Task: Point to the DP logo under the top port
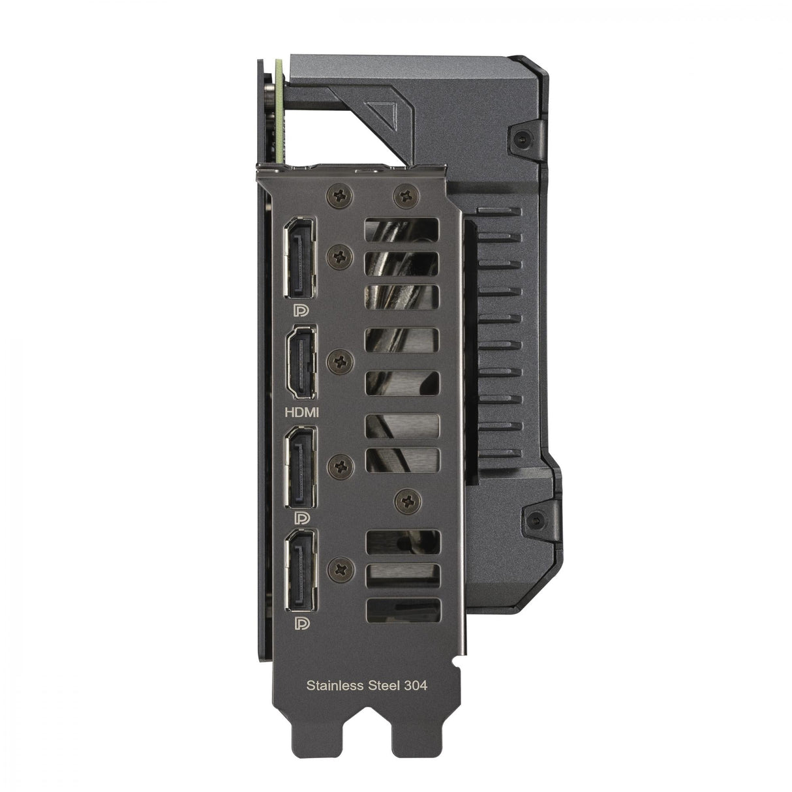[x=302, y=308]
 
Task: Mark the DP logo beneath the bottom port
[x=302, y=623]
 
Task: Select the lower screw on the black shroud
[x=536, y=520]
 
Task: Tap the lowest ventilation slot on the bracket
[x=403, y=609]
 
